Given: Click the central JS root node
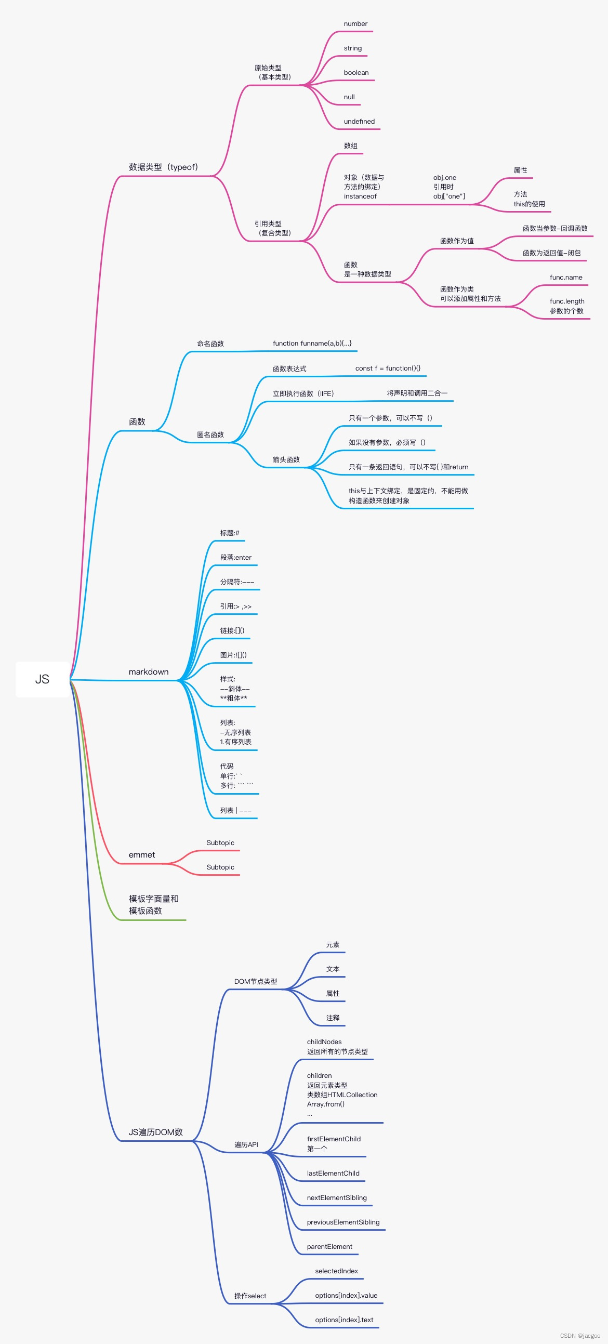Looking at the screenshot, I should coord(42,679).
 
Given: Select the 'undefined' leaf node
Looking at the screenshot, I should coord(359,122).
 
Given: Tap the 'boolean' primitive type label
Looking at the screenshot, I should coord(356,73).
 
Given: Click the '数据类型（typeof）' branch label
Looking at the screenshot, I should coord(163,167).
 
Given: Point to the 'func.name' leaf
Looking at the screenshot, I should coord(566,277).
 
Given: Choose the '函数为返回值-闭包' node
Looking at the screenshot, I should coord(552,253).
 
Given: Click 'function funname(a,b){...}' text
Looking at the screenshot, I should coord(312,344).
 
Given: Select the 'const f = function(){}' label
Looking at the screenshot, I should coord(388,368).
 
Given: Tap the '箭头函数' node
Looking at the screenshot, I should coord(286,459).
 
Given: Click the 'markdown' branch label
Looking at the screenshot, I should coord(149,671).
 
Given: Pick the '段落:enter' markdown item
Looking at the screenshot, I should coord(235,557).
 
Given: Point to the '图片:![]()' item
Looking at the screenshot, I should coord(233,655).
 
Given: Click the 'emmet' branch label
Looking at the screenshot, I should coord(142,854).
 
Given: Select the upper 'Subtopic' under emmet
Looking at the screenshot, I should coord(220,842).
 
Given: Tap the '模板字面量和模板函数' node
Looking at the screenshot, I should coord(153,905).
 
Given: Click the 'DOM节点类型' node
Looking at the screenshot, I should coord(256,981).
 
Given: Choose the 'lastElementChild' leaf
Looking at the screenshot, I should coord(333,1174).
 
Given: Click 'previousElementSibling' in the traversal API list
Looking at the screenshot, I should coord(343,1222).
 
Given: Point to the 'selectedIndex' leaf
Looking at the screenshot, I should coord(336,1271).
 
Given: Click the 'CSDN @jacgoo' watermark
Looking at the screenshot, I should coord(580,1336).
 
